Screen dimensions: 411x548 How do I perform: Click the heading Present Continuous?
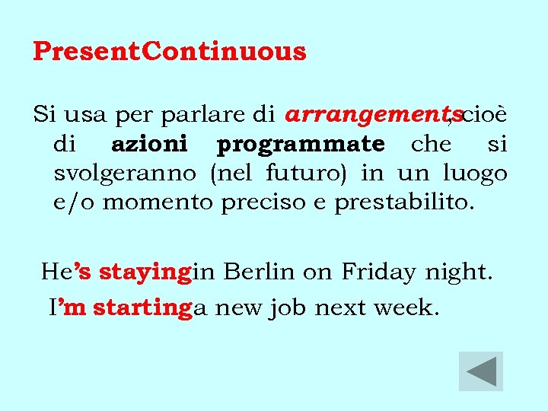coord(170,52)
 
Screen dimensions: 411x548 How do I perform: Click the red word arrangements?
coord(367,116)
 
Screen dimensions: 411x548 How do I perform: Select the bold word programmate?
coord(301,145)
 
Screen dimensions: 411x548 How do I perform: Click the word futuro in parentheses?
coord(305,173)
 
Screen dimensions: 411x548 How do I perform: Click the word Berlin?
coord(256,272)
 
